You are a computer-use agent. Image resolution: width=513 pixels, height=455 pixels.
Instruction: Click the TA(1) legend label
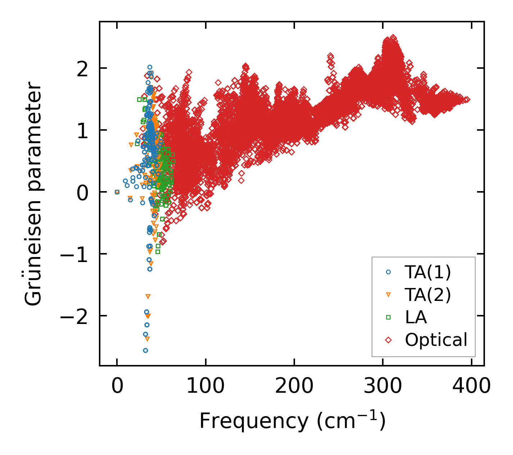(427, 272)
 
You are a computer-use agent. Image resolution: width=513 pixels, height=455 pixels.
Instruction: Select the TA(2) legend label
(427, 295)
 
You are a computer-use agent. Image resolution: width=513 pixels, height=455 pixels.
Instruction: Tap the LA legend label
(416, 317)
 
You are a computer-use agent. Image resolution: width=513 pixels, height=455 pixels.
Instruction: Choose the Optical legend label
(436, 340)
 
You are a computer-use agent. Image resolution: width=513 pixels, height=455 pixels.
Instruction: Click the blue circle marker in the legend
(388, 272)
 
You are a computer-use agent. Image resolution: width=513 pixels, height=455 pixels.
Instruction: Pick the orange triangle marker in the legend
(388, 295)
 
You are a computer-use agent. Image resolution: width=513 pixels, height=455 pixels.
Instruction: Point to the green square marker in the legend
(388, 317)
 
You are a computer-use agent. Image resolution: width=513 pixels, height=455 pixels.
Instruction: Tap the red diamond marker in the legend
(388, 339)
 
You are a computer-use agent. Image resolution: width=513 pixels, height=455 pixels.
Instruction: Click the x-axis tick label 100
(205, 386)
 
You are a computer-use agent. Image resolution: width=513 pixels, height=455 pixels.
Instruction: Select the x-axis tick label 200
(294, 386)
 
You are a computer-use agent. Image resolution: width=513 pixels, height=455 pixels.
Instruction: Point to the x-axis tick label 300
(383, 386)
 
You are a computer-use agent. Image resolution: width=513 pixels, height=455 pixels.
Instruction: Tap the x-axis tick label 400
(471, 386)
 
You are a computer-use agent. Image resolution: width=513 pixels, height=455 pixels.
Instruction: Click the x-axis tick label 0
(117, 386)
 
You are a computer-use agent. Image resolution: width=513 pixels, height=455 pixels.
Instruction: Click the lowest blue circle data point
(145, 350)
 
